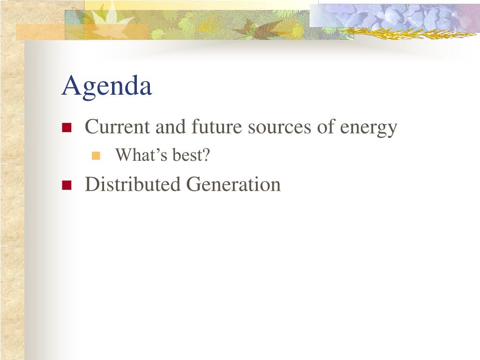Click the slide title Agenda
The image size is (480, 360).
point(106,87)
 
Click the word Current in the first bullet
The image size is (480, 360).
point(117,127)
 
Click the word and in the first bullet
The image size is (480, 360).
point(171,127)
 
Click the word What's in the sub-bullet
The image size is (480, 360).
point(142,155)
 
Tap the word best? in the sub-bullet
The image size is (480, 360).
point(191,155)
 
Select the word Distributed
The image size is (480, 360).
point(133,184)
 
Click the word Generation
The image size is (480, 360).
point(233,184)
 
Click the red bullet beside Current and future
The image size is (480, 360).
point(67,127)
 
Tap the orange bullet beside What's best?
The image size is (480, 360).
point(96,156)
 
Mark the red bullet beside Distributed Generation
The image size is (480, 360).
point(67,185)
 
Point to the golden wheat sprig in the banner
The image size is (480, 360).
point(407,32)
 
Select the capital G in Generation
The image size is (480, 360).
point(195,184)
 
